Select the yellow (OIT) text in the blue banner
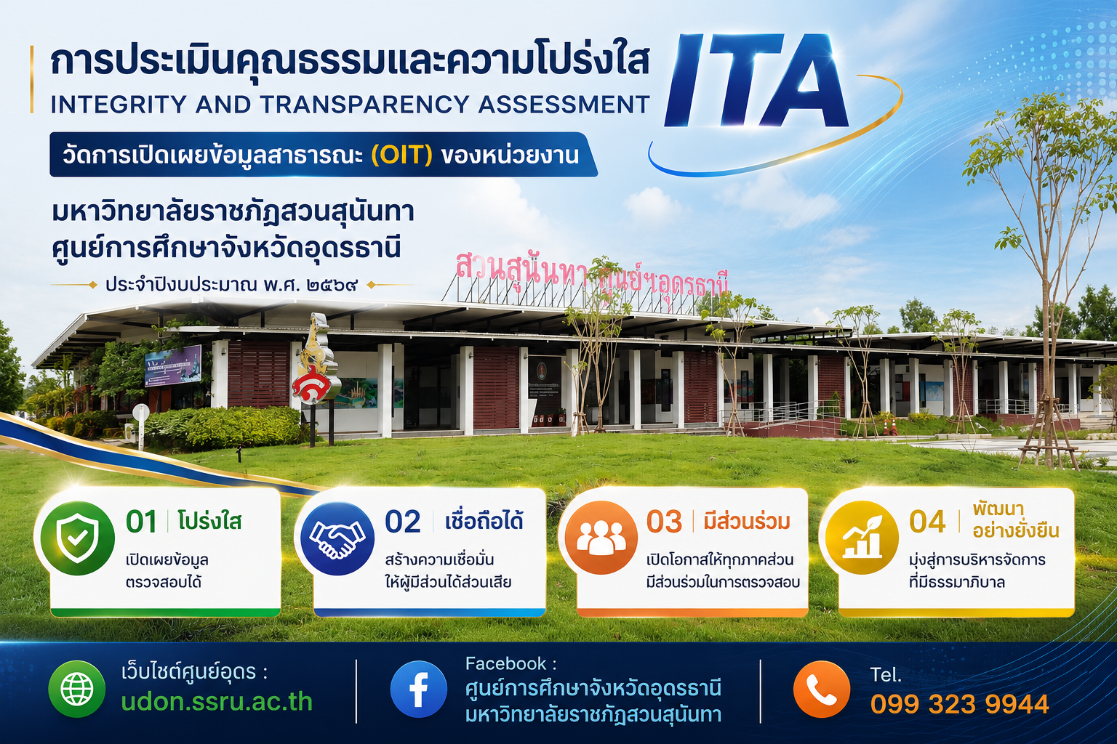[x=402, y=155]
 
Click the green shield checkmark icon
[x=77, y=539]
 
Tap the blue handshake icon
[x=337, y=539]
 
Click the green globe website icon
[x=77, y=690]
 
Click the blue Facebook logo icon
[x=418, y=690]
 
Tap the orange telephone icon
[x=822, y=690]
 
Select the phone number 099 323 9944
[x=960, y=704]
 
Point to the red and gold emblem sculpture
[x=315, y=366]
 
